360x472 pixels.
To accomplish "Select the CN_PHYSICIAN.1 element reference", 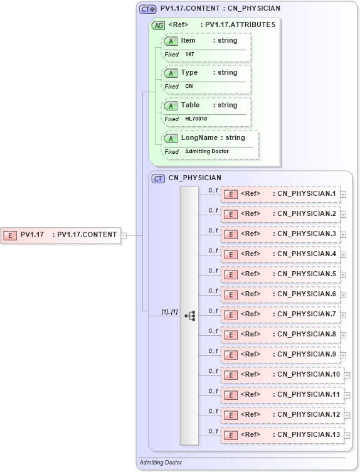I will coord(280,194).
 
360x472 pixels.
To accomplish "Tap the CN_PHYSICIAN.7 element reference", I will coord(280,314).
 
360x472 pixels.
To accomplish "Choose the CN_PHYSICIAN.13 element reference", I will coord(282,435).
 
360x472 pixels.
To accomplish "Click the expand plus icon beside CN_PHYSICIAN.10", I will coord(347,375).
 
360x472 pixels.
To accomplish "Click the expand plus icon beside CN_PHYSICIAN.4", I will coord(343,255).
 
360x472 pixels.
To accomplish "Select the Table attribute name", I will coord(190,105).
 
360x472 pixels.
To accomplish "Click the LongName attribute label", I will coord(199,138).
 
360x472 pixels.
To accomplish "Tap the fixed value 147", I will coord(190,55).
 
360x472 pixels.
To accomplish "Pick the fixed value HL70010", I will coord(196,119).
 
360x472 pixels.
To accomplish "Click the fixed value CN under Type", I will coord(189,86).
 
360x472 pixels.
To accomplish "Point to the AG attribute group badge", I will coord(159,26).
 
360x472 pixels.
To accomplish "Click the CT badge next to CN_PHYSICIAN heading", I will coord(159,179).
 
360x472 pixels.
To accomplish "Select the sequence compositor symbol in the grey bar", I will coord(189,316).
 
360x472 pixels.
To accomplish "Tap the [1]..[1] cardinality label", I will coord(169,312).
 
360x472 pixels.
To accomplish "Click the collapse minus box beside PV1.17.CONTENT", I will coord(124,235).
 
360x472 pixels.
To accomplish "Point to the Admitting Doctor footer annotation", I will coord(161,463).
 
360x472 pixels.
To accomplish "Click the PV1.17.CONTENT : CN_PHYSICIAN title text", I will coord(220,9).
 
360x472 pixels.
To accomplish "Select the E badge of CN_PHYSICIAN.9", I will coord(231,355).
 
